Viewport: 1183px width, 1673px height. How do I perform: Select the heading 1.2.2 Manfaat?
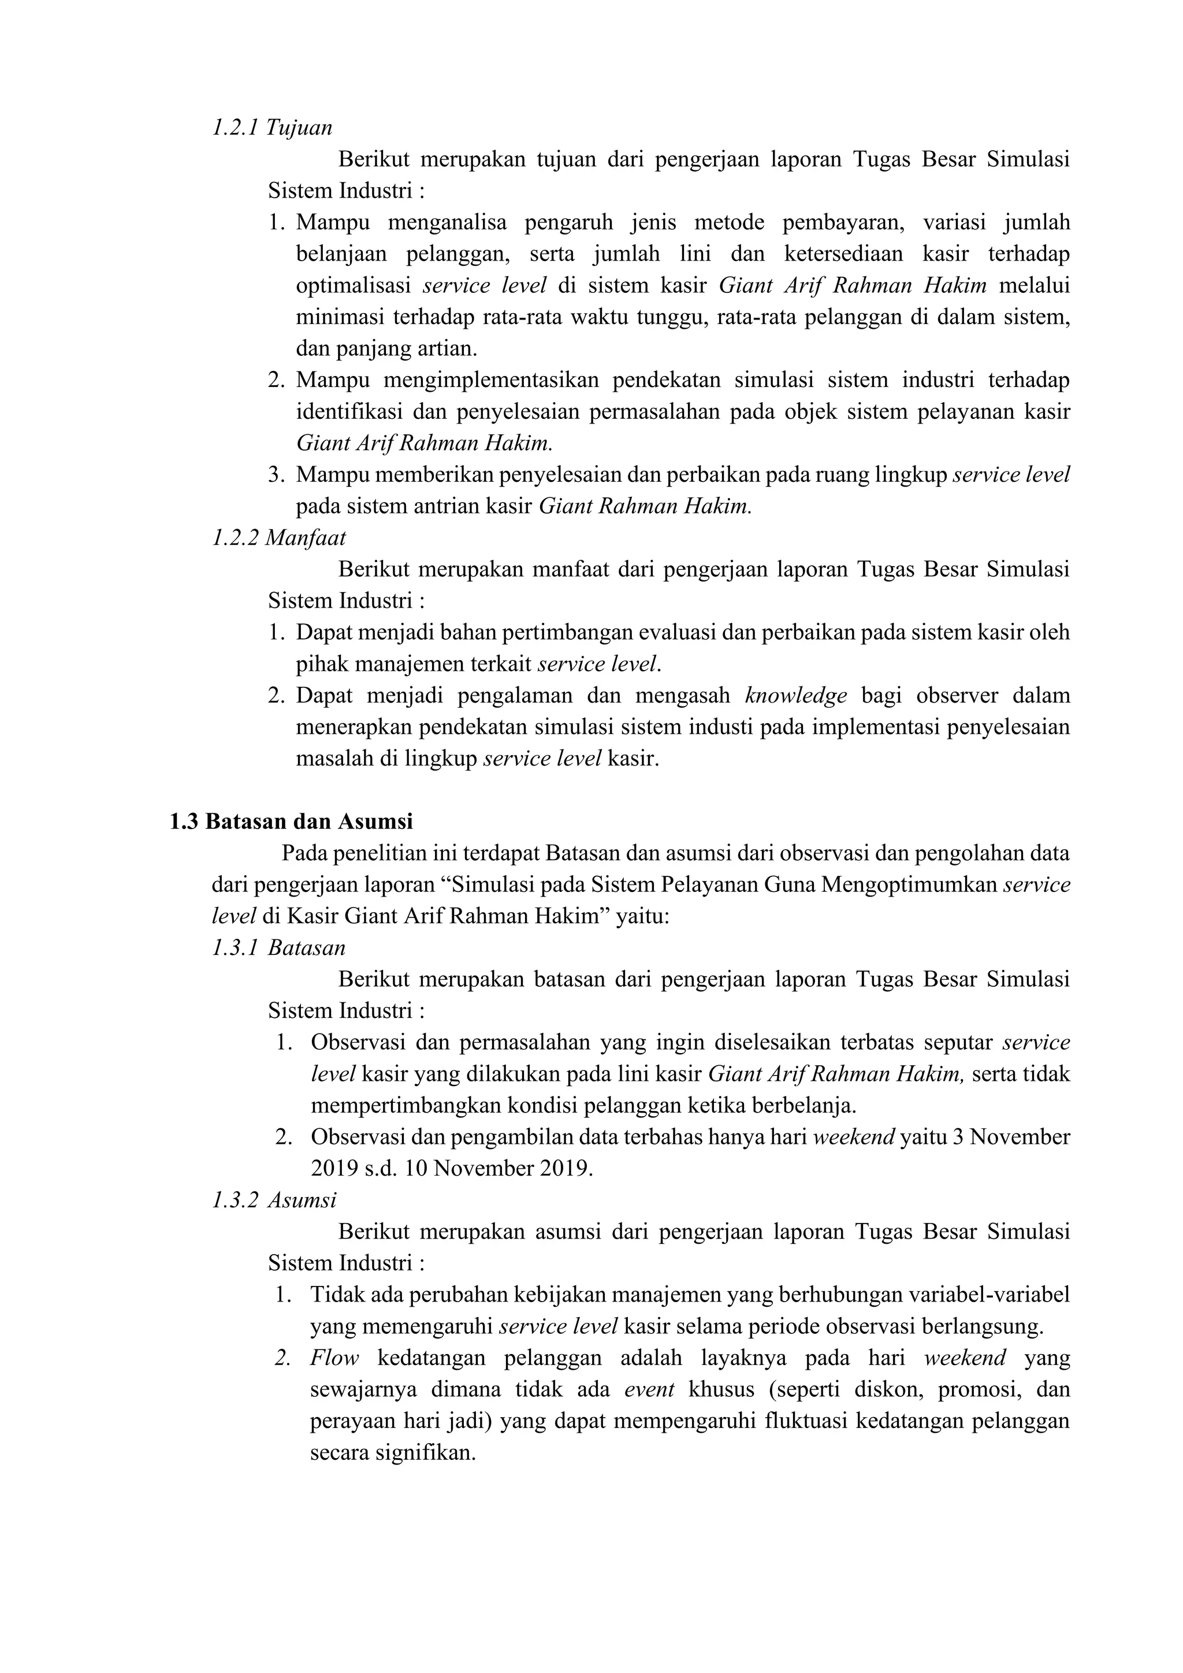[x=278, y=538]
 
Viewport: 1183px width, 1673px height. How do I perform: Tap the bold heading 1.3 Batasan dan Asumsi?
[x=291, y=821]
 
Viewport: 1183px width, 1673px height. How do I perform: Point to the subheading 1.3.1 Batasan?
[x=278, y=947]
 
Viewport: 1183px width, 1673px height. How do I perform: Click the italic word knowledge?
[x=796, y=696]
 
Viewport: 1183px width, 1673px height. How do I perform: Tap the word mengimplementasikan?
[x=491, y=380]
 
